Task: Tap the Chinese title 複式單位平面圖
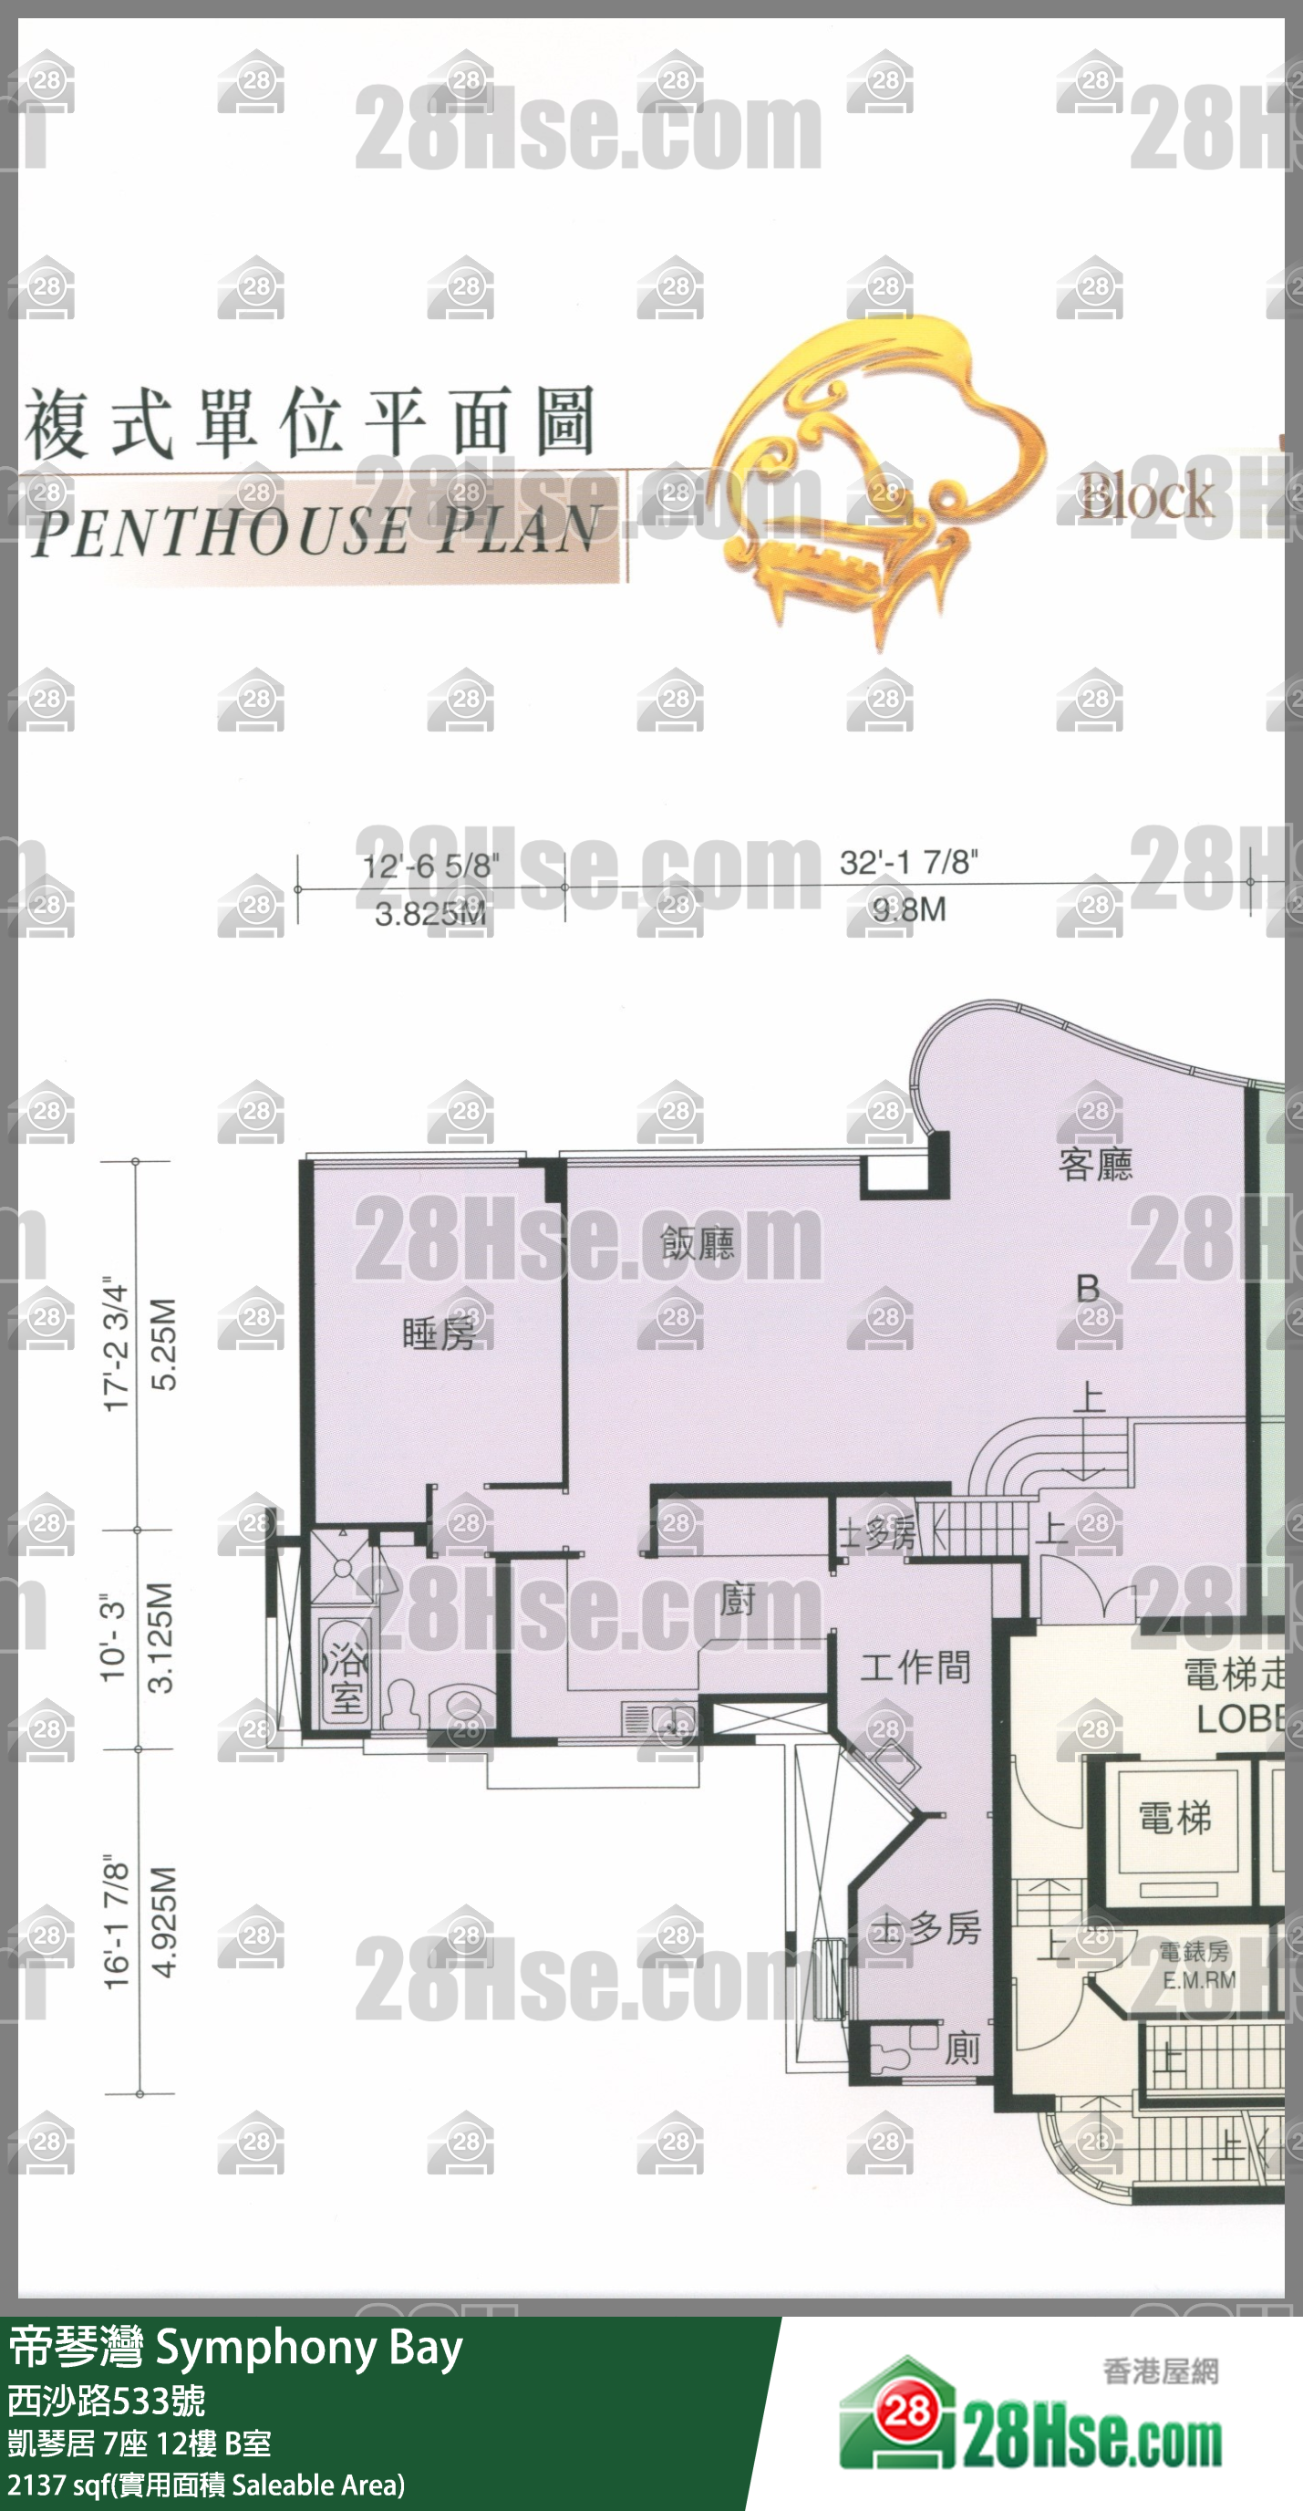(x=310, y=424)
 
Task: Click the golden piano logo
(x=877, y=478)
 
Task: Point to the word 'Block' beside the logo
(x=1146, y=497)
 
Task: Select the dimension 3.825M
(x=429, y=914)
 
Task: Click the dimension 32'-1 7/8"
(x=908, y=863)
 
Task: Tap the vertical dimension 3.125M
(x=160, y=1637)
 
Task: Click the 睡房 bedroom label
(x=438, y=1333)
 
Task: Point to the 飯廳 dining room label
(x=697, y=1244)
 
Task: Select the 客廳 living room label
(x=1095, y=1165)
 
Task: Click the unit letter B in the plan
(x=1088, y=1289)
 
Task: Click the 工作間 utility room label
(x=915, y=1668)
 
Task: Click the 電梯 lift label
(x=1175, y=1818)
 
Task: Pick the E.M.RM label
(x=1199, y=1980)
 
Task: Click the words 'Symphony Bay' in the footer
(x=309, y=2350)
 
